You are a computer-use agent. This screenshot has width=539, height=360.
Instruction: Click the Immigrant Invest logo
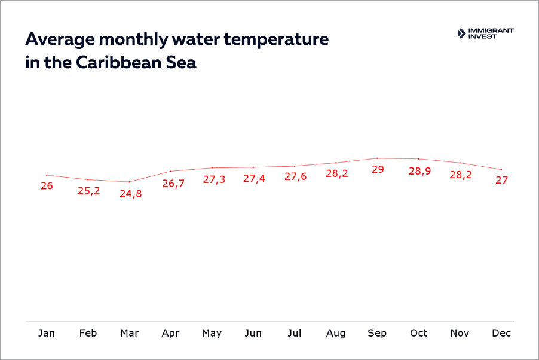pos(485,33)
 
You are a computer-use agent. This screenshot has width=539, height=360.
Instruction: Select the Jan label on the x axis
pos(47,333)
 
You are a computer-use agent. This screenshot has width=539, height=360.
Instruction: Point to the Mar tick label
pos(130,333)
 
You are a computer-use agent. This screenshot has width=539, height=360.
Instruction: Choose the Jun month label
pos(253,333)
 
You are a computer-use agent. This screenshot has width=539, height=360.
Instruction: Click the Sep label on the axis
pos(377,333)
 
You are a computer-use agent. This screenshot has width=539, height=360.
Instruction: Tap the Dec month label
pos(501,333)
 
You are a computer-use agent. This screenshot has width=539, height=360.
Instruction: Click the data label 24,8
pos(130,194)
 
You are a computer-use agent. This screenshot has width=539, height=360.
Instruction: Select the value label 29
pos(378,170)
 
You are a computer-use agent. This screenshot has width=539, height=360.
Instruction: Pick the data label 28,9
pos(419,172)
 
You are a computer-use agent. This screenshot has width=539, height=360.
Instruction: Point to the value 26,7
pos(173,183)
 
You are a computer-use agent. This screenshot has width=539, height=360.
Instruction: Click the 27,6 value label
pos(296,178)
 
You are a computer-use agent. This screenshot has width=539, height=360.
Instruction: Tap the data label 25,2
pos(89,191)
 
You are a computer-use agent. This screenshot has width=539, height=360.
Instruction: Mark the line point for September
pos(377,158)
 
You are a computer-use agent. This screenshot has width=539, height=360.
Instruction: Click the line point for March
pos(130,182)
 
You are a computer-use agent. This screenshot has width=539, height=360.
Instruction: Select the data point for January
pos(47,175)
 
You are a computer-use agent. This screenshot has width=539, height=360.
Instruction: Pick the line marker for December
pos(501,169)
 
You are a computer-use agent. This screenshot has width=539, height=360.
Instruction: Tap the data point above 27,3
pos(212,168)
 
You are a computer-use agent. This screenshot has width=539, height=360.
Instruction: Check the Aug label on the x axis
pos(336,333)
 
